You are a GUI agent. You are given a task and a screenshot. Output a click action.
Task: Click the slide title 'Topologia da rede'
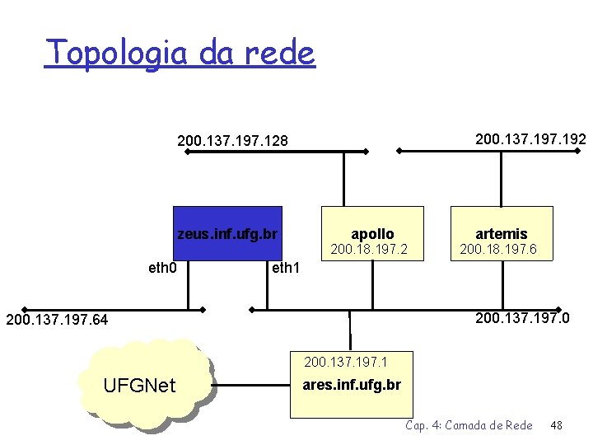[180, 53]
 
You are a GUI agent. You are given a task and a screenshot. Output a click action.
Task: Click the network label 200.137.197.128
[233, 141]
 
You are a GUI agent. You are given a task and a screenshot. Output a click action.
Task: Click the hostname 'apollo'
[372, 234]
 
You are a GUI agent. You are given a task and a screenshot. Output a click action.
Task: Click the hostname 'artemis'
[501, 234]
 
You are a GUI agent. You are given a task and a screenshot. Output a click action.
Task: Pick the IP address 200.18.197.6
[498, 249]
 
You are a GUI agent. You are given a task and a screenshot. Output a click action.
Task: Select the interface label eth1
[286, 267]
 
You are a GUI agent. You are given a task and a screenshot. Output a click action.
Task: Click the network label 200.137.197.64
[57, 319]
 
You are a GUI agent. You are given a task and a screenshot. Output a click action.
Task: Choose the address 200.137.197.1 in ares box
[346, 361]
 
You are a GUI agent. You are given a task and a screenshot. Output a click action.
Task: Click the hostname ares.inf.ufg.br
[352, 385]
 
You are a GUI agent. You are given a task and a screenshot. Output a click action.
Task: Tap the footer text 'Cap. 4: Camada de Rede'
[469, 425]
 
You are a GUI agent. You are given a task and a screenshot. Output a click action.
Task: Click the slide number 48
[556, 425]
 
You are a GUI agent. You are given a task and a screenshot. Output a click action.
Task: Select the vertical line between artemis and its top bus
[501, 178]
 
